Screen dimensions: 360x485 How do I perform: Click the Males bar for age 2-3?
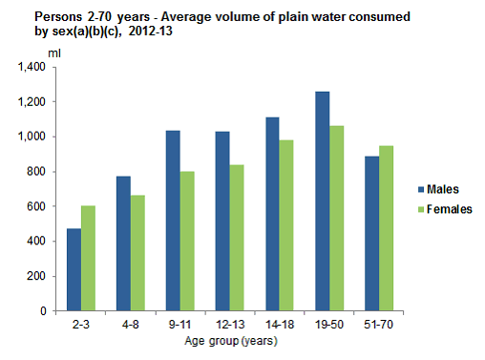[74, 269]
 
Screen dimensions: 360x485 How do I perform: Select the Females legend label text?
[450, 208]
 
